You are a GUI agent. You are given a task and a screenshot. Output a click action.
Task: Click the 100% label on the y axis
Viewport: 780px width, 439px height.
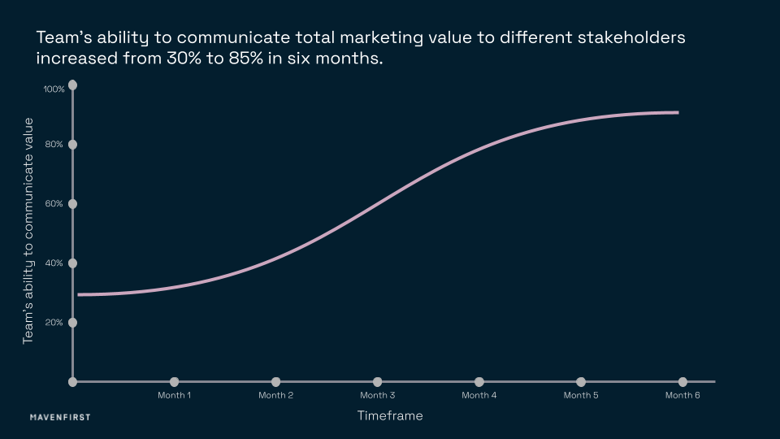pos(54,89)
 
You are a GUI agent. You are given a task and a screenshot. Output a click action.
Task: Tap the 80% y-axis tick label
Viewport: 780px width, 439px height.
pos(54,145)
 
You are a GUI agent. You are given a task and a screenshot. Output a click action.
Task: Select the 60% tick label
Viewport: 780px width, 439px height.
pos(54,204)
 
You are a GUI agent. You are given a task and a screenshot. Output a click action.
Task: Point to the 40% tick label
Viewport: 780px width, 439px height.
pos(54,263)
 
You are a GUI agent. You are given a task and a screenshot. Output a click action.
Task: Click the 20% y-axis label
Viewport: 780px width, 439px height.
pos(54,323)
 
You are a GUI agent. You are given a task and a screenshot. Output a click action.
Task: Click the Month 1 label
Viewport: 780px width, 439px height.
pos(174,396)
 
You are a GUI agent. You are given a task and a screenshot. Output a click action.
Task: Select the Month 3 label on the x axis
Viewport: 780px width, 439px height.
pos(377,396)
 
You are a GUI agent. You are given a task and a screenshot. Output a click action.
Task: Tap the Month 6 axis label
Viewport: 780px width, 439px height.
pos(682,396)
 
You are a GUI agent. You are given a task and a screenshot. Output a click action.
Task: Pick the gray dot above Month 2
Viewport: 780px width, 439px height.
pos(275,382)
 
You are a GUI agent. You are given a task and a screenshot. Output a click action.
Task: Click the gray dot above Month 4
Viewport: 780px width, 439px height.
pos(479,382)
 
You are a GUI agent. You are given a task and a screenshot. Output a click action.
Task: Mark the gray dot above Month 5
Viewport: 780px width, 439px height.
pos(581,382)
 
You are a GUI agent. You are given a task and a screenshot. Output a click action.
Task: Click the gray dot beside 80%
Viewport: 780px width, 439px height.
pos(73,145)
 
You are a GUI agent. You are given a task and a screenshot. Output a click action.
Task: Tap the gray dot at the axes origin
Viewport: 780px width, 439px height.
pos(73,382)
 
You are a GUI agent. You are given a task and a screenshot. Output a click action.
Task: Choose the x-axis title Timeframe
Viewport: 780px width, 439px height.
pos(390,415)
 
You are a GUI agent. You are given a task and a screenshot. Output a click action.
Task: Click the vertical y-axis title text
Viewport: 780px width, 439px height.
pos(28,230)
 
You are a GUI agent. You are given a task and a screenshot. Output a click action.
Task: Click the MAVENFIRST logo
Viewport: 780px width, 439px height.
pos(60,417)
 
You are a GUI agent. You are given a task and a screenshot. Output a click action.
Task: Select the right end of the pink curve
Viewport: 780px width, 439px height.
pos(677,112)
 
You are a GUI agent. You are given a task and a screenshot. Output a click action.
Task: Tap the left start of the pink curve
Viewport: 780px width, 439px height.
pos(80,294)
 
